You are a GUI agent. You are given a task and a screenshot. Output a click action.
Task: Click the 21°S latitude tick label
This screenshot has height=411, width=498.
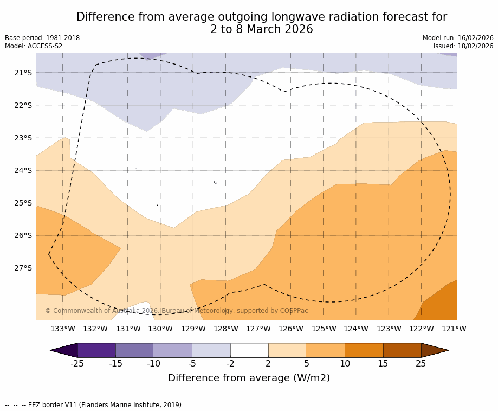23,73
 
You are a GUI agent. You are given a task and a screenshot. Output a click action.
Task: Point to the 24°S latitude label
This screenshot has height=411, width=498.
23,170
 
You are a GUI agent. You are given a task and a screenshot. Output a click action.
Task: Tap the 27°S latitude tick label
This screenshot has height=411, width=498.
23,268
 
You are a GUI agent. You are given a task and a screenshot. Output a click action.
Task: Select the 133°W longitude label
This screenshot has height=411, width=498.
63,329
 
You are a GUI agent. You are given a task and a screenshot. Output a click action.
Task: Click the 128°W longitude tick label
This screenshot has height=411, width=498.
226,329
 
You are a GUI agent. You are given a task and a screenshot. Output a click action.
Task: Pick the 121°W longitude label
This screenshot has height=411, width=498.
454,329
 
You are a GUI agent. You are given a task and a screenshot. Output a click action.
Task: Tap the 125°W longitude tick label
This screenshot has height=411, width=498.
324,329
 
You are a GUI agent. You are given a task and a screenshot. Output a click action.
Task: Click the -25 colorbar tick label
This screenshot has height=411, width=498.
77,363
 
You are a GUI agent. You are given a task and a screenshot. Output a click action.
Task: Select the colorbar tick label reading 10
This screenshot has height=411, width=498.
345,363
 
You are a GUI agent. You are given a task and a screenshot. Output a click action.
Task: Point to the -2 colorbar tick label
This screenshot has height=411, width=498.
230,363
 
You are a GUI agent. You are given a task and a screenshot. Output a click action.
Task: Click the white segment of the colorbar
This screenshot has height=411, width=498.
249,350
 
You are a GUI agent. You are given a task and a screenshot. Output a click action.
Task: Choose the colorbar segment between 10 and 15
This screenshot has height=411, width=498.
364,350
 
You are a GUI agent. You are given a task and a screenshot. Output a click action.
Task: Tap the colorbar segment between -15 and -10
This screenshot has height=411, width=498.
135,350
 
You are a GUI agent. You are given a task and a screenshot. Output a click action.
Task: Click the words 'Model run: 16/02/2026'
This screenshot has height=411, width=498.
458,38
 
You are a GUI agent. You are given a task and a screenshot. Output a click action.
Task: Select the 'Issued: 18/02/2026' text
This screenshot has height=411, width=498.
463,46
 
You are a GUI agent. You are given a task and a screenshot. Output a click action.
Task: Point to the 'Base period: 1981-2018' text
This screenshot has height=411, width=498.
42,38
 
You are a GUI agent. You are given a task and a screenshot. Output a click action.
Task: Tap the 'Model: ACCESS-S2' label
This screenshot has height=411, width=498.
34,46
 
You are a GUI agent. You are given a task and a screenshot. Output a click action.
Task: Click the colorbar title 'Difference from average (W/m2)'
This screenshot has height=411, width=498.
249,378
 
